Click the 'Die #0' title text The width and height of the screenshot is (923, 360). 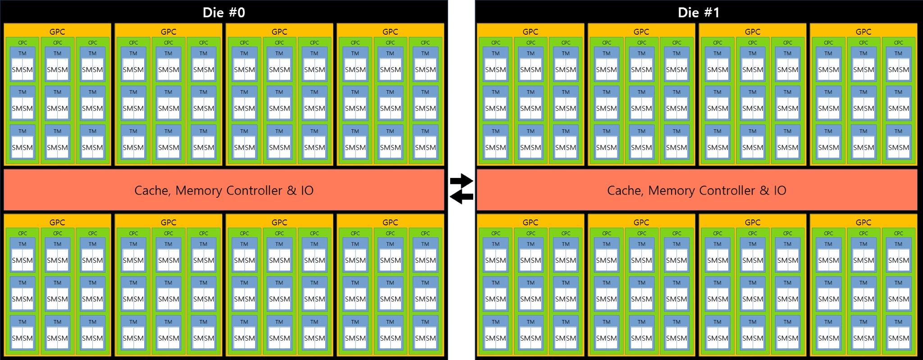point(224,12)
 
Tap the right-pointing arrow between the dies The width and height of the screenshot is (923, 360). point(461,181)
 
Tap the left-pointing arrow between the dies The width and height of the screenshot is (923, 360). point(461,196)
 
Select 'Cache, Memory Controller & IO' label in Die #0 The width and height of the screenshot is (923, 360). point(224,190)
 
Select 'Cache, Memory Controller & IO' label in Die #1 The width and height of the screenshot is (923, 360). point(696,190)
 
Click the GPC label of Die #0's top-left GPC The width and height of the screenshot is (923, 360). point(57,32)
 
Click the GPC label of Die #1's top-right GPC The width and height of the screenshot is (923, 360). point(863,32)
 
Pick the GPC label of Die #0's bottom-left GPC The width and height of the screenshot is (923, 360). point(57,222)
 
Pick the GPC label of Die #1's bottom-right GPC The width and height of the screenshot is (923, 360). point(863,222)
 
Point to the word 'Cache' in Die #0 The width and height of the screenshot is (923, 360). point(152,190)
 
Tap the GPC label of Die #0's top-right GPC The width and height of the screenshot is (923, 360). point(390,32)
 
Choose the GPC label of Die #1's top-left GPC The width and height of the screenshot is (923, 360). point(530,32)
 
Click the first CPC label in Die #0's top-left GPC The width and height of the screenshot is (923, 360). point(23,43)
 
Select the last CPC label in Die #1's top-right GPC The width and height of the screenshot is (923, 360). point(898,43)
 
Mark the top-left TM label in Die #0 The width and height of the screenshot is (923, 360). point(23,53)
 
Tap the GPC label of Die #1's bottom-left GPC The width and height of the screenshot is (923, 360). point(530,222)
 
